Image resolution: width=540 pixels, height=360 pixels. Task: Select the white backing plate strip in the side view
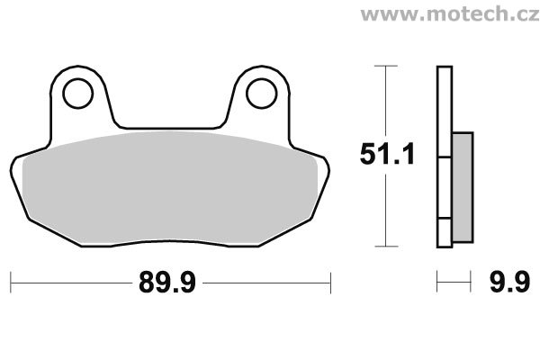tap(442, 157)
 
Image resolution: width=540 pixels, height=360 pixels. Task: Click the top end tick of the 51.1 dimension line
tap(385, 66)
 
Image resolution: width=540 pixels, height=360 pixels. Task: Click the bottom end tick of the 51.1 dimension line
tap(385, 247)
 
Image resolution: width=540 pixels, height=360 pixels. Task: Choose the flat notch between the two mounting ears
tap(170, 127)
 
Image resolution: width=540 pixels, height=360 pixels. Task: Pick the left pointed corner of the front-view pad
tap(15, 167)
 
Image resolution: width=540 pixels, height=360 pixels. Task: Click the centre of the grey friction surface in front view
tap(170, 184)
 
